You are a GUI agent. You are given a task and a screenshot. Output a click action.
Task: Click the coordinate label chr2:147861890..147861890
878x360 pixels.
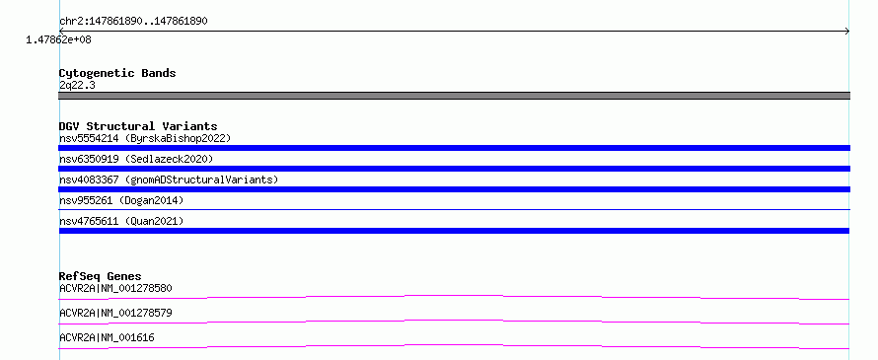pyautogui.click(x=133, y=22)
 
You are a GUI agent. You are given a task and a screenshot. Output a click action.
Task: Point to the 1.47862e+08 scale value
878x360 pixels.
pyautogui.click(x=59, y=39)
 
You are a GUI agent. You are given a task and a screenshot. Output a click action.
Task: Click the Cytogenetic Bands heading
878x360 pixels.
pyautogui.click(x=117, y=73)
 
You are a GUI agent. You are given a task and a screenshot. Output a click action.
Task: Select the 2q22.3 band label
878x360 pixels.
pyautogui.click(x=77, y=85)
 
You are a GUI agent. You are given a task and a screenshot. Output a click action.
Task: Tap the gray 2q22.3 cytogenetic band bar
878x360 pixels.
pyautogui.click(x=454, y=96)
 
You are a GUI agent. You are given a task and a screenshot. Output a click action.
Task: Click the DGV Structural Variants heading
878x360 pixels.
pyautogui.click(x=138, y=126)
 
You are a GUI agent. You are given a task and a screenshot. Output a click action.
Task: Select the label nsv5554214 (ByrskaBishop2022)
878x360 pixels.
pyautogui.click(x=145, y=138)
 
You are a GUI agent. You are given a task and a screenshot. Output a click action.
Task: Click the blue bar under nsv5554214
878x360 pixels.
pyautogui.click(x=454, y=148)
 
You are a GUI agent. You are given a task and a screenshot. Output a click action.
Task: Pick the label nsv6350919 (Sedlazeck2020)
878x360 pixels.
pyautogui.click(x=136, y=159)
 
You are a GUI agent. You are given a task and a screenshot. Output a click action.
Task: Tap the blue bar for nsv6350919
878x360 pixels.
pyautogui.click(x=454, y=169)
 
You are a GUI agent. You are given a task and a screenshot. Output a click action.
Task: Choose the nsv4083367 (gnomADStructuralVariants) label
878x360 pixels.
pyautogui.click(x=169, y=180)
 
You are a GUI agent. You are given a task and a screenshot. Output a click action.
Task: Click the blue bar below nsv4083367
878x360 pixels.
pyautogui.click(x=454, y=189)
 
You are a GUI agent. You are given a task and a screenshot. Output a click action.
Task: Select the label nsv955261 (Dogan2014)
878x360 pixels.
pyautogui.click(x=121, y=200)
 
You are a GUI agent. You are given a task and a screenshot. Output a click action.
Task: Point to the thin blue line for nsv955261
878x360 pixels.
pyautogui.click(x=454, y=209)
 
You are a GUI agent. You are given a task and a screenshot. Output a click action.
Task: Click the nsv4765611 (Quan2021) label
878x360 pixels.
pyautogui.click(x=121, y=221)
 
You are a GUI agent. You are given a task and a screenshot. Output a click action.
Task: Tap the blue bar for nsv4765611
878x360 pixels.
pyautogui.click(x=454, y=231)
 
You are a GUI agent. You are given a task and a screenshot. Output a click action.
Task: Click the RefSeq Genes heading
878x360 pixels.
pyautogui.click(x=101, y=276)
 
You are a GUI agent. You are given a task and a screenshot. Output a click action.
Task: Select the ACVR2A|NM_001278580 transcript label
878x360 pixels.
pyautogui.click(x=115, y=289)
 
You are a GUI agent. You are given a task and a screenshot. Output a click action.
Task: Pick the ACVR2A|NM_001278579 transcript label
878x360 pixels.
pyautogui.click(x=115, y=313)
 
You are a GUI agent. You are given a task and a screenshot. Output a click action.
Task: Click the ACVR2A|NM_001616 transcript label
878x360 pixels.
pyautogui.click(x=107, y=337)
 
